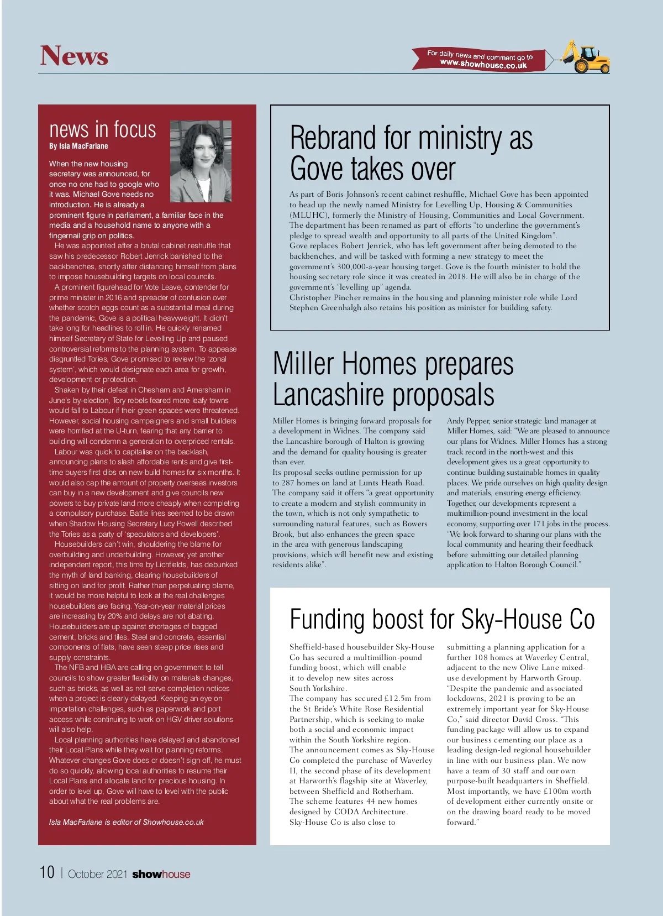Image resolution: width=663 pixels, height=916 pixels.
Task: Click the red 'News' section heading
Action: click(74, 56)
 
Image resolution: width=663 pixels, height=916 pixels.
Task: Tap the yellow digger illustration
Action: click(587, 56)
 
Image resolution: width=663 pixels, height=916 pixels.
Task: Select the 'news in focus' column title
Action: click(103, 129)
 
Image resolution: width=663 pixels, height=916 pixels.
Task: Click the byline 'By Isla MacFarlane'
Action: click(78, 146)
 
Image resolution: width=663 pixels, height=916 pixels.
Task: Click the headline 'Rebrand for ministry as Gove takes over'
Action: click(411, 153)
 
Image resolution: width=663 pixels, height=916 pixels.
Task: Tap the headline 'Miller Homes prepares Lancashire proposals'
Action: click(393, 379)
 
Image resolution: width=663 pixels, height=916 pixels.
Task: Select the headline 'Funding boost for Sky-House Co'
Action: click(441, 619)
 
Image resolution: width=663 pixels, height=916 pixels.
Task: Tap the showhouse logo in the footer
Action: click(161, 874)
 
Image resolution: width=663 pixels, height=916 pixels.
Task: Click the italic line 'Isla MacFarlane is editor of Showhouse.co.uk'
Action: click(126, 822)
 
